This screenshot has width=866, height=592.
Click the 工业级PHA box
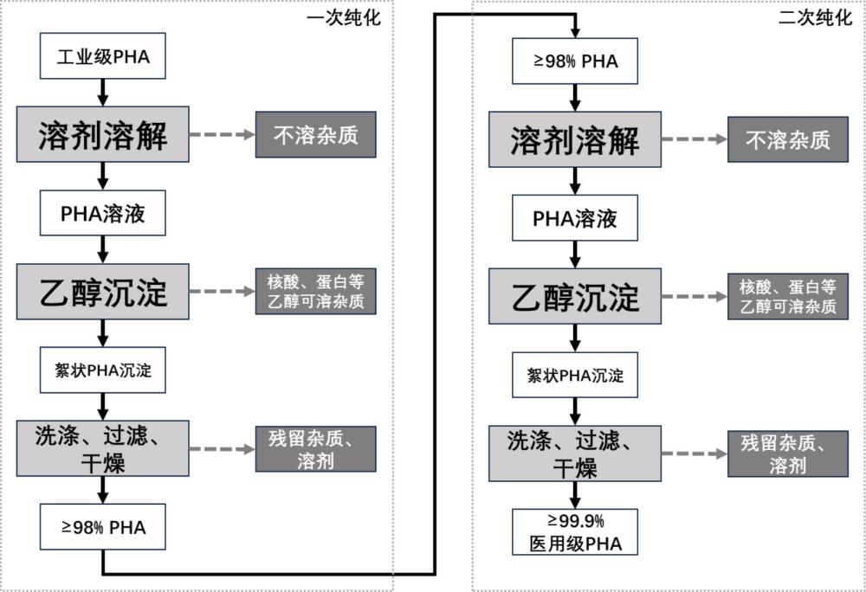(x=103, y=58)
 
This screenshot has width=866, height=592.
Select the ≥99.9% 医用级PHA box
(x=575, y=532)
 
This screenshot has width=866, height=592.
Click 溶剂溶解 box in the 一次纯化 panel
(x=103, y=135)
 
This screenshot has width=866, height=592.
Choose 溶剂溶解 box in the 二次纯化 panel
(x=575, y=140)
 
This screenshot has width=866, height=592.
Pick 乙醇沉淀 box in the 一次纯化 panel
(x=103, y=292)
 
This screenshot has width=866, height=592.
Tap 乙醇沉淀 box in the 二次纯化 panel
(x=575, y=296)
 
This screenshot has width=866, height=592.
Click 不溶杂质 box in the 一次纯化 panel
(x=316, y=135)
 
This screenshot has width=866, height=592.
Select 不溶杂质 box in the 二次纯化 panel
(x=787, y=139)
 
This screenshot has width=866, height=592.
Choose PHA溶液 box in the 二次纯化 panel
(x=575, y=218)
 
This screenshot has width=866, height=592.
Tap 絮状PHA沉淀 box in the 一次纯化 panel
(x=103, y=370)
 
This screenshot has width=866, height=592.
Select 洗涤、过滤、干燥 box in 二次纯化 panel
(x=575, y=454)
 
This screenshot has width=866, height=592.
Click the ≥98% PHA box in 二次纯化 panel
(x=575, y=62)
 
